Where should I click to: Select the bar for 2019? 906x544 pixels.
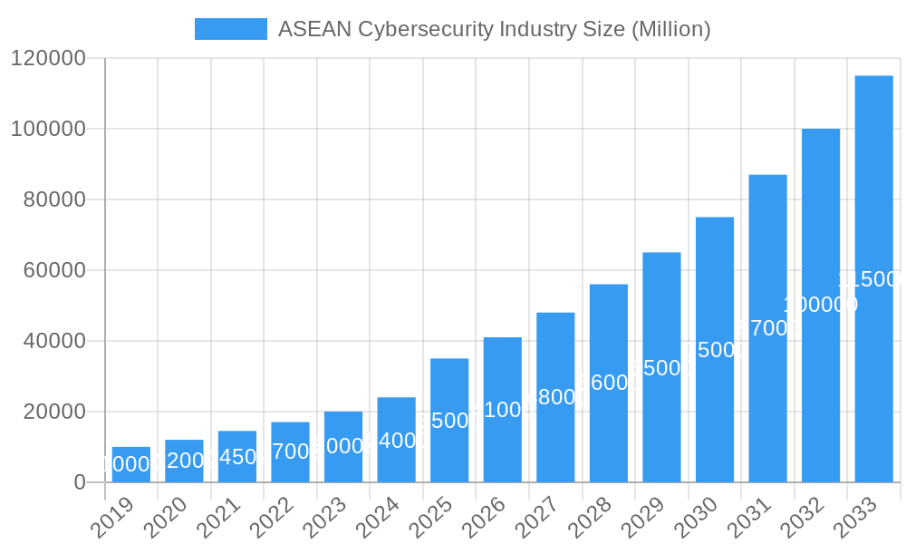click(131, 465)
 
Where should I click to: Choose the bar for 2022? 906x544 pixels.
click(290, 452)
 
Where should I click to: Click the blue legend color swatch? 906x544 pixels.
click(231, 29)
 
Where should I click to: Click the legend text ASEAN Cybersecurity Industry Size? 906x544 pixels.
click(494, 29)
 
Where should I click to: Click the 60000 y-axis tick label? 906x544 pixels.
click(53, 270)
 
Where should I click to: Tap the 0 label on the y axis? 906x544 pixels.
click(80, 482)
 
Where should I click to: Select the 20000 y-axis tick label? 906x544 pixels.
click(53, 412)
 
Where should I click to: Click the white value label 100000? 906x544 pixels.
click(821, 305)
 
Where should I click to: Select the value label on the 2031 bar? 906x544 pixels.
click(768, 328)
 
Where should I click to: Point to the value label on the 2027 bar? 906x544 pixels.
click(555, 397)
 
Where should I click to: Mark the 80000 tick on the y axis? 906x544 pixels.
click(53, 199)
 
